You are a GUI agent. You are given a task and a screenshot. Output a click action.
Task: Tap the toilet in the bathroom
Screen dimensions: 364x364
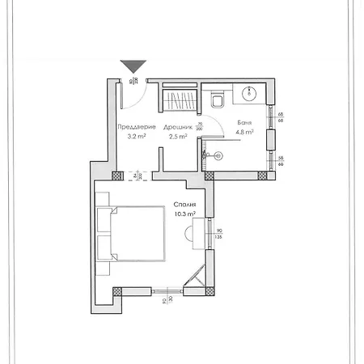[x=218, y=101]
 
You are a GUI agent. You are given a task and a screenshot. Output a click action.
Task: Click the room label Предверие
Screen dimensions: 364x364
[x=131, y=127]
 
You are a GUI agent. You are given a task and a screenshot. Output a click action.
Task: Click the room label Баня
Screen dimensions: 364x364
[x=243, y=123]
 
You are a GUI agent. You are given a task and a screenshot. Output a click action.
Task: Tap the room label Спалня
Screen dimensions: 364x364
[x=184, y=205]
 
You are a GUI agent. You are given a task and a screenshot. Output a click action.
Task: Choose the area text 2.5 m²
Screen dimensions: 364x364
[x=178, y=137]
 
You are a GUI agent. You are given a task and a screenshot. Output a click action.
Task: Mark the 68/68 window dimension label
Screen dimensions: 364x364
[x=280, y=119]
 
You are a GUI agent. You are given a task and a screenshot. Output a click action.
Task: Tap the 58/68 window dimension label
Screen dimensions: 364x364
[x=280, y=160]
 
